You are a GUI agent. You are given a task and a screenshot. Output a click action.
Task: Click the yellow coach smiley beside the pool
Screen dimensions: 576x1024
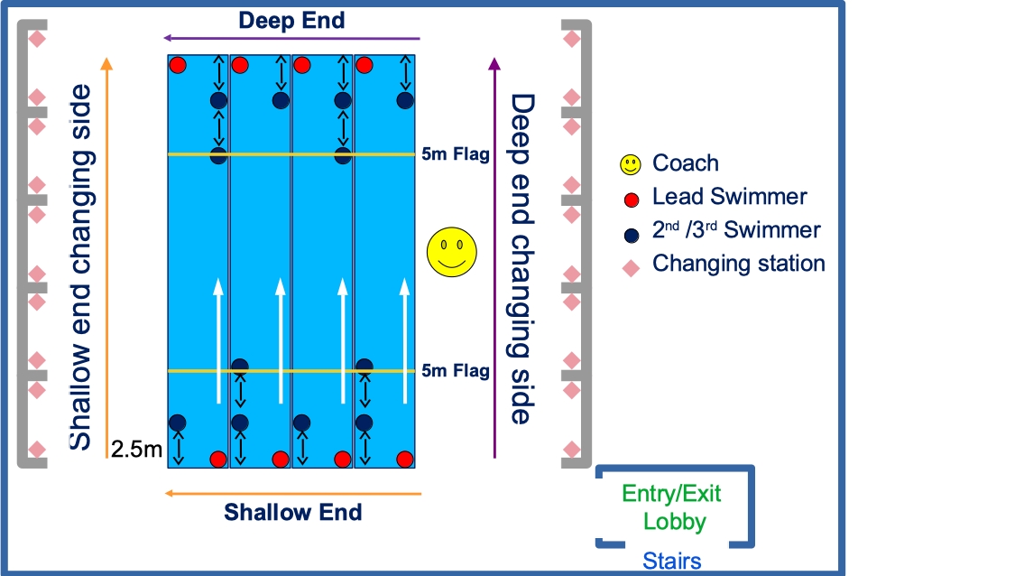click(452, 252)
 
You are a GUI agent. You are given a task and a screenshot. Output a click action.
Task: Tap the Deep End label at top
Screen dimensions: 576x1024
click(291, 20)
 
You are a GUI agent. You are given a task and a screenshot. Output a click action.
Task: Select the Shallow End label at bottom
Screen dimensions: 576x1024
click(293, 513)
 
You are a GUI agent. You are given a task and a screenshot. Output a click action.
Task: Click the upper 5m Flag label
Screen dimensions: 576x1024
click(456, 155)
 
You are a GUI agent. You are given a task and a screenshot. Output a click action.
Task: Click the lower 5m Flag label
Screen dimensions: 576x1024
click(456, 371)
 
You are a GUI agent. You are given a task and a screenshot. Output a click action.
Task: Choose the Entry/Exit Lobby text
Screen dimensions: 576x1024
click(672, 507)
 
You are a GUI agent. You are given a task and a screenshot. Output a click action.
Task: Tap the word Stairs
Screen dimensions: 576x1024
click(672, 562)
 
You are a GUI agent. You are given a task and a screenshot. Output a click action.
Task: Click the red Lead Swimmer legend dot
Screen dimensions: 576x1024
click(632, 199)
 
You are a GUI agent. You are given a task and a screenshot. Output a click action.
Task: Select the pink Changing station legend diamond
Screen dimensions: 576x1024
click(632, 266)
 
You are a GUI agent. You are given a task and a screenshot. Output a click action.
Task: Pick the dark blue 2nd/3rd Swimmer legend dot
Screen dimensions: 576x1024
click(632, 233)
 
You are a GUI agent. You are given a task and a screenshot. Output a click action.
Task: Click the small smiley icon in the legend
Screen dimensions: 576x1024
click(630, 164)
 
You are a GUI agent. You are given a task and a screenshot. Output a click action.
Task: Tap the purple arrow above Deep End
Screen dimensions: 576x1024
click(291, 39)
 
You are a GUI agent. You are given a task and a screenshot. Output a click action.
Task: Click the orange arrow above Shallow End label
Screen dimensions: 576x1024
click(291, 494)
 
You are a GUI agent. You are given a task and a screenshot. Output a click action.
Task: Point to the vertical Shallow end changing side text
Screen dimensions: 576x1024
click(81, 266)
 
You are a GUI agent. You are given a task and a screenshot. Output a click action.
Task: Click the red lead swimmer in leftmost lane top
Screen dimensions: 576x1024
click(178, 65)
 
